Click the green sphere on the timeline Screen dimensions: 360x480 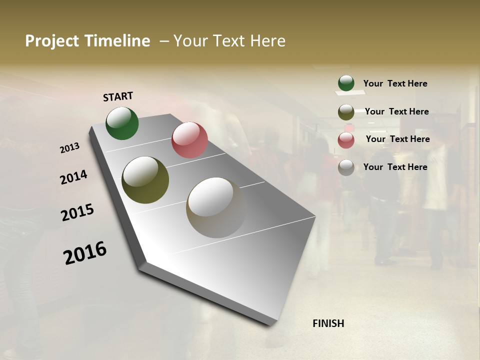(x=122, y=123)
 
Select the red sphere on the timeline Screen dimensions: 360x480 (x=189, y=140)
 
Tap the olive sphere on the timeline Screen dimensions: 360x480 (x=145, y=180)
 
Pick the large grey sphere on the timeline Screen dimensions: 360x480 (x=216, y=207)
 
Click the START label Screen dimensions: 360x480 (x=118, y=96)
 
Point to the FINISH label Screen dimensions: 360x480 (x=328, y=323)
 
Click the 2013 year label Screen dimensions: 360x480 (x=69, y=148)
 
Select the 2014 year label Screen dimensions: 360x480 (x=73, y=177)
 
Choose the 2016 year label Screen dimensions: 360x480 (x=85, y=252)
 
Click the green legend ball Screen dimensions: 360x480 (x=346, y=83)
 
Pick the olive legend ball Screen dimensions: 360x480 (x=346, y=112)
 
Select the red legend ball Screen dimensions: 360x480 (x=346, y=140)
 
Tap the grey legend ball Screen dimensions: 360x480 (x=346, y=167)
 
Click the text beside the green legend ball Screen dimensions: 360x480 (x=395, y=83)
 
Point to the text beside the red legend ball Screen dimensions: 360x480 (x=397, y=139)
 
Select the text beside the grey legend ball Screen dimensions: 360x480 (x=395, y=167)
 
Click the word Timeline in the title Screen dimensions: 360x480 (x=118, y=41)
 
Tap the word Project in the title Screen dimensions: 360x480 (x=51, y=41)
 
